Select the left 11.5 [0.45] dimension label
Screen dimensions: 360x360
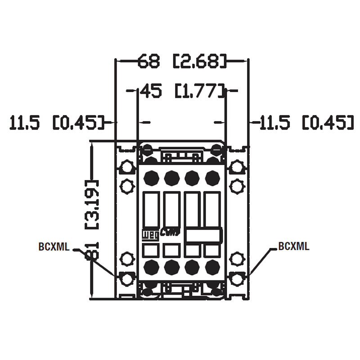(57, 122)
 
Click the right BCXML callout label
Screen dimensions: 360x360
(294, 246)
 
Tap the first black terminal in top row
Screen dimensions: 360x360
(150, 178)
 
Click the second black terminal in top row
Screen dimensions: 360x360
(171, 178)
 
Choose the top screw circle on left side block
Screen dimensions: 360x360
(127, 168)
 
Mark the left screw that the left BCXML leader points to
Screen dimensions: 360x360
(127, 279)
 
